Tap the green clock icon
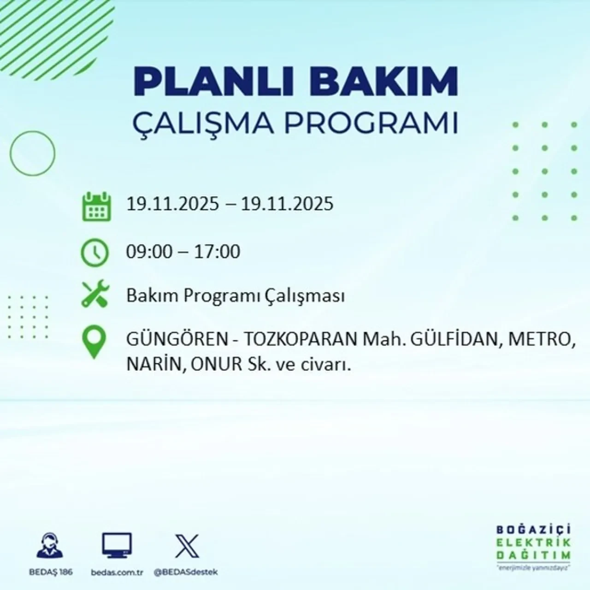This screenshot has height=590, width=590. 95,253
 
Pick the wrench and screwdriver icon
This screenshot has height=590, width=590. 95,295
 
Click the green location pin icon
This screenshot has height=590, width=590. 94,343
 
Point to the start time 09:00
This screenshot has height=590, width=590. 149,252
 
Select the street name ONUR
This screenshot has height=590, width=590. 217,365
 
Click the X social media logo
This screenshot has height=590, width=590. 187,547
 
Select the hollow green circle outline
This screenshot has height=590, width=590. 32,153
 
